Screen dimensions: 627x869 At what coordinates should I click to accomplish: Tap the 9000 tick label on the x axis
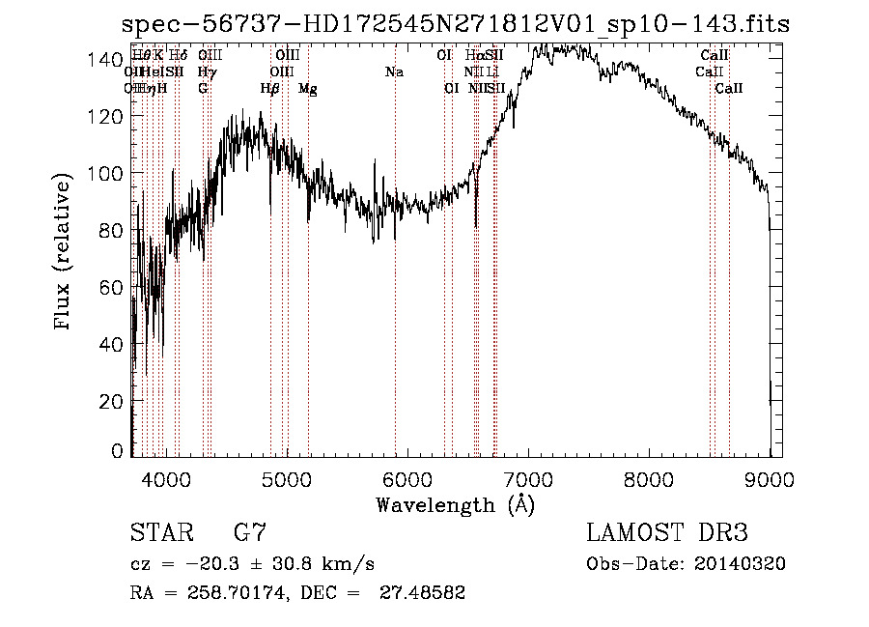pos(770,478)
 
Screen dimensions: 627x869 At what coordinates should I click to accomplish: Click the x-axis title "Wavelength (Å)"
pos(455,504)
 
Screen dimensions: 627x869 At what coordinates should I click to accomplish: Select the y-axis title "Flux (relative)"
pos(64,252)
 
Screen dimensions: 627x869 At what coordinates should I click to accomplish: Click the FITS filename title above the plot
pos(457,25)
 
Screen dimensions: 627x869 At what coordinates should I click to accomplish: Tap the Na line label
pos(394,72)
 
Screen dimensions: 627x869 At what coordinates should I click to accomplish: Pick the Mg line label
pos(308,89)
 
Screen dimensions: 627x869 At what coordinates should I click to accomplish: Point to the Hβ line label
pos(270,89)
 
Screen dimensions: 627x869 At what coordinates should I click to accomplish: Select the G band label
pos(203,89)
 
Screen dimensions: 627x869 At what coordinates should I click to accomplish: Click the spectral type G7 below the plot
pos(250,532)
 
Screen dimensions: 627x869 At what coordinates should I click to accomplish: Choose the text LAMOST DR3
pos(667,532)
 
